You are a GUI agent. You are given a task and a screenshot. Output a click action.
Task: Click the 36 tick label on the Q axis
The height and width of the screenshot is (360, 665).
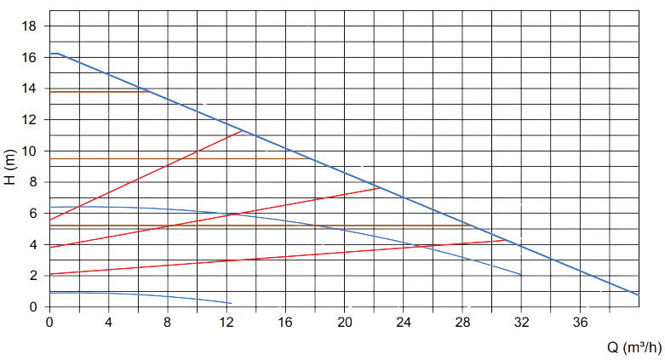tap(580, 323)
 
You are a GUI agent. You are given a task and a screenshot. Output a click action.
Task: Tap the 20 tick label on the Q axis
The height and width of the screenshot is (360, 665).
tap(344, 323)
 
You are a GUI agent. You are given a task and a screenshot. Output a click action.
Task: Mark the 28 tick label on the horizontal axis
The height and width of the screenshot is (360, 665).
tap(462, 323)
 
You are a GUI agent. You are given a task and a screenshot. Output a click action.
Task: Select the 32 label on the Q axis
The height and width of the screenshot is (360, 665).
tap(521, 323)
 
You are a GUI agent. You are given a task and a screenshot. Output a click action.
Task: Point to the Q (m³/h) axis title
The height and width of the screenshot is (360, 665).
tap(633, 347)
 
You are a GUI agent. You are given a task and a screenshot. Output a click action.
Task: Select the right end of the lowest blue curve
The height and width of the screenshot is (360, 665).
tap(232, 303)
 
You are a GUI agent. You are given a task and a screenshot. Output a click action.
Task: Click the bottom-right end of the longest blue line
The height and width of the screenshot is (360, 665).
tap(639, 294)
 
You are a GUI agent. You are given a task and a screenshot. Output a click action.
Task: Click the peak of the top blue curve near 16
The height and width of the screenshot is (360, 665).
tap(55, 53)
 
